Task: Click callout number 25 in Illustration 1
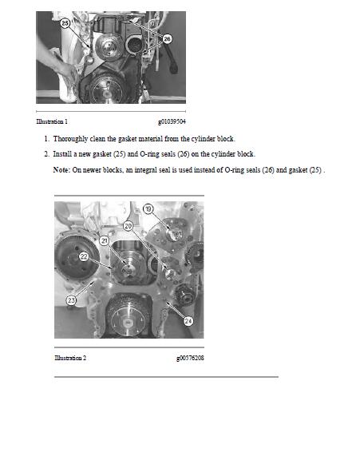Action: (65, 25)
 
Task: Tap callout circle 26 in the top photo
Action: (167, 38)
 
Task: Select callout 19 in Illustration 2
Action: (148, 208)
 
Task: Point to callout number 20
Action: (128, 226)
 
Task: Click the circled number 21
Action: (104, 240)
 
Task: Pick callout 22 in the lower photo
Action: (83, 256)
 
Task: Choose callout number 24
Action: (188, 321)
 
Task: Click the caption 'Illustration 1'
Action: (52, 121)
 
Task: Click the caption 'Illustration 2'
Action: (70, 358)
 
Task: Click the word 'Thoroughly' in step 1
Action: (71, 139)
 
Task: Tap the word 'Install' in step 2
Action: (63, 153)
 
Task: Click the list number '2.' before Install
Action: (46, 153)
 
